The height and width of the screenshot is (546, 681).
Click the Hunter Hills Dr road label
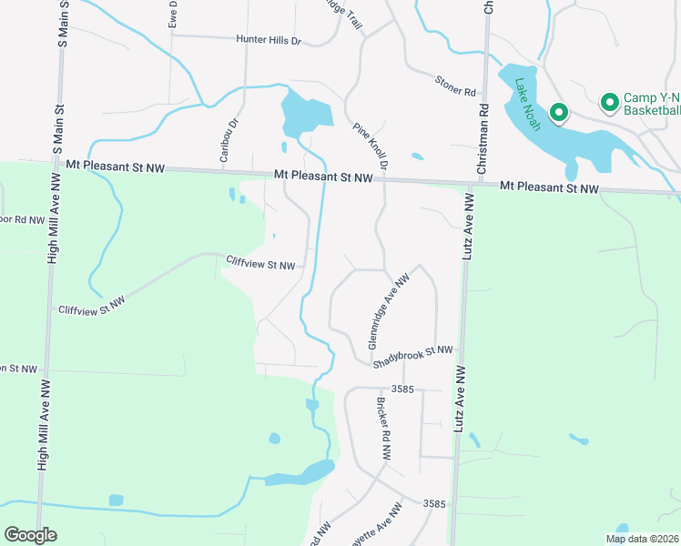coord(268,40)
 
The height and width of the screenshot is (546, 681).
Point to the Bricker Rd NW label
coord(383,427)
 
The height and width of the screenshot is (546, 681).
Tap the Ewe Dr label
coord(173,15)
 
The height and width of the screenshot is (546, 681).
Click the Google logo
coord(30,535)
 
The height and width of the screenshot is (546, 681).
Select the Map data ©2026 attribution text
coord(642,539)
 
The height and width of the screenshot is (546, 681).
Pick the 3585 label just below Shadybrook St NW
coord(404,389)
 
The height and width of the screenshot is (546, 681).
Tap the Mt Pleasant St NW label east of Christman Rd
coord(549,188)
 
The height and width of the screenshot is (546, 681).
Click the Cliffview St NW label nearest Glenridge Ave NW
coord(260,265)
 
